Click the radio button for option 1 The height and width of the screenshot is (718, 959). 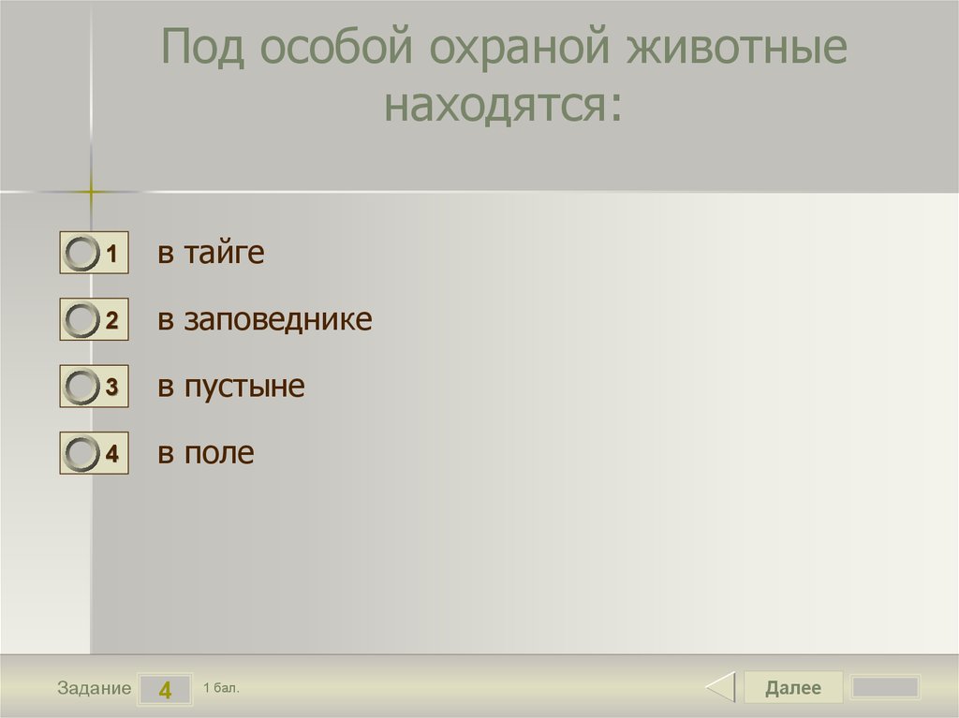tap(82, 254)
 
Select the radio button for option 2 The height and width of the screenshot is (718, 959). tap(82, 321)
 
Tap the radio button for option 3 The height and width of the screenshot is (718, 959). tap(82, 388)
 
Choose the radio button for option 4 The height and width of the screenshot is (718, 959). tap(82, 455)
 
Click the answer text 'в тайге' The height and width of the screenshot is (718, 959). tap(211, 253)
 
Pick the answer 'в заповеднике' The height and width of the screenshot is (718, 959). tap(265, 320)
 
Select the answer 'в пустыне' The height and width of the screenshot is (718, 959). tap(231, 387)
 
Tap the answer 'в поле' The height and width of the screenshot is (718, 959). tap(206, 454)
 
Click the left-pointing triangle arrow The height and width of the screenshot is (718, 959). tap(720, 688)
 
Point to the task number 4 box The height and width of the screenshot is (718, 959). tap(165, 690)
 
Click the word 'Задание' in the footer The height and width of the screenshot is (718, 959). tap(94, 689)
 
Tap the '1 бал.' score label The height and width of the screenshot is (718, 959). tap(221, 688)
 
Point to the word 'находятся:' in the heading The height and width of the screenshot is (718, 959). tap(504, 105)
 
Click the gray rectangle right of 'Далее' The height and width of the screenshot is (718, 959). tap(885, 688)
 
